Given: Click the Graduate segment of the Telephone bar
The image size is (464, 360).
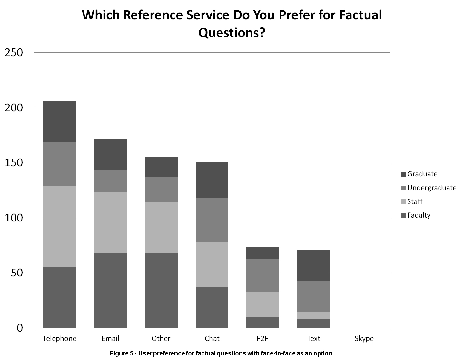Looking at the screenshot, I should (x=59, y=121).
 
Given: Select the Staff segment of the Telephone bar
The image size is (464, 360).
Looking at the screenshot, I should (x=59, y=227).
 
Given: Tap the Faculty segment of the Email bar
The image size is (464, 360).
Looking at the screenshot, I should (x=110, y=291).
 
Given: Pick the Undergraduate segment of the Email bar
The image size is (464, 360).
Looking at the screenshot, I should (x=110, y=181).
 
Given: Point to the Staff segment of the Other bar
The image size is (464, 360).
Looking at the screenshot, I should (x=161, y=228).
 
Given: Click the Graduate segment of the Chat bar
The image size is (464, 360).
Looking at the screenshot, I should (x=212, y=180).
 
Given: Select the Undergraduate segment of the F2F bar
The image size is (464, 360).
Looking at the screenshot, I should (x=263, y=275).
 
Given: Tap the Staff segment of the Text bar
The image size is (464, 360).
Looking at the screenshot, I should (x=313, y=315).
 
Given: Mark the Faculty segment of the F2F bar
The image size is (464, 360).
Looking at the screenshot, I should (x=263, y=323).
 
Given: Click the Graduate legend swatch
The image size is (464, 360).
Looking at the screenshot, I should (x=403, y=174).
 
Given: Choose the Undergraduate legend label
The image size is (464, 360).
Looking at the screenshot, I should (x=432, y=188).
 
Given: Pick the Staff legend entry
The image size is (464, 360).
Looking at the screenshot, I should (x=415, y=202).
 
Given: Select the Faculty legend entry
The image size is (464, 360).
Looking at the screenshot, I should (x=419, y=215).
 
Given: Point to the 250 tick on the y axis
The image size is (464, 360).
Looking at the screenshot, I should (x=14, y=53).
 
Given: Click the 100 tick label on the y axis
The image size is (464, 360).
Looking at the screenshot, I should (x=14, y=218).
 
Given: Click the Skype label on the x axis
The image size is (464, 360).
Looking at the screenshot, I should (x=364, y=339).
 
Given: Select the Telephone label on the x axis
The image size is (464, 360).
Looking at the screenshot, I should (x=60, y=339).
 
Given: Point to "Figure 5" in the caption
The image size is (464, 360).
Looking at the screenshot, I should (x=121, y=353).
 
